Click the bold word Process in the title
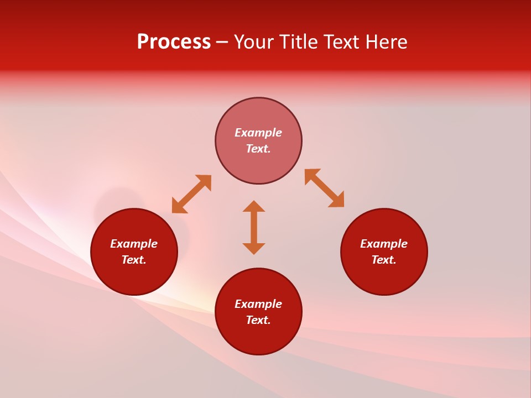174,42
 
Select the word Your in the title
252,42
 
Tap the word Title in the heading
299,42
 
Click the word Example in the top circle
258,133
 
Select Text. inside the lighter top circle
258,149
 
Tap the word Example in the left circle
134,244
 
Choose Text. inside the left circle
134,260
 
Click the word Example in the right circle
384,244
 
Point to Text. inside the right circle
384,260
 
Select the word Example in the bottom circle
258,304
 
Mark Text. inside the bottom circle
258,320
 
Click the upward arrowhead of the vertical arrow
254,206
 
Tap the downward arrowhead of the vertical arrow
254,248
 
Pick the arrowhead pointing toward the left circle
178,206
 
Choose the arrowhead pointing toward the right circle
337,201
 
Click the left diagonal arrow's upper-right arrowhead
205,182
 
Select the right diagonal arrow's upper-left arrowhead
311,175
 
